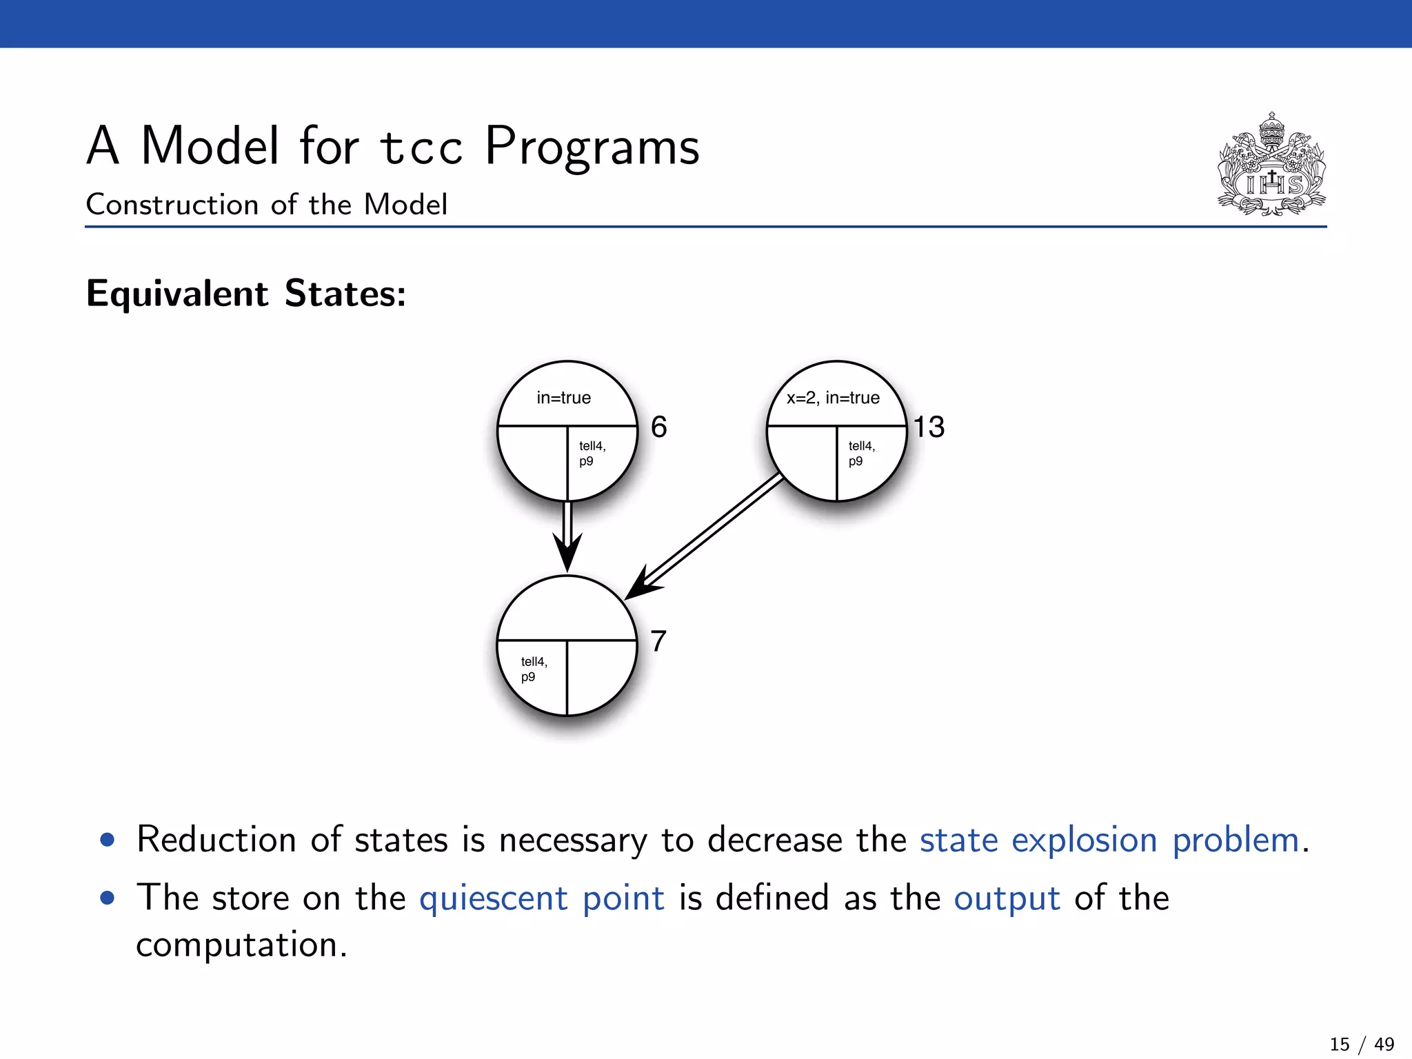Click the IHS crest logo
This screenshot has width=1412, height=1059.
(1271, 165)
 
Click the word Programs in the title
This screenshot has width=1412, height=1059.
(592, 146)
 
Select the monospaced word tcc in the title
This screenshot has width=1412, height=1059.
(421, 148)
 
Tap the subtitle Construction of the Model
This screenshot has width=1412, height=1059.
(267, 205)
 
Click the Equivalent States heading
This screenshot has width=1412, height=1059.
(246, 294)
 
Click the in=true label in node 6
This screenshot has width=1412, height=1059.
(563, 398)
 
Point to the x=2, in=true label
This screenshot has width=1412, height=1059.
(833, 398)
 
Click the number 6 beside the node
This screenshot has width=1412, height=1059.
(658, 427)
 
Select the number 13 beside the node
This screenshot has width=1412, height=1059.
(929, 427)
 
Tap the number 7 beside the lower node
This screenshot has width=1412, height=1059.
(658, 641)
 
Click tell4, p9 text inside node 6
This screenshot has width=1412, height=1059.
(592, 453)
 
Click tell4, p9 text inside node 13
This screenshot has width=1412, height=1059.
(861, 453)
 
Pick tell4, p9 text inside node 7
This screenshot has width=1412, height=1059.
(534, 669)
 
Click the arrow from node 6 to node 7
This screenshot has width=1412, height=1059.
(567, 534)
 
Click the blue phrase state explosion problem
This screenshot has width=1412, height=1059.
(1109, 840)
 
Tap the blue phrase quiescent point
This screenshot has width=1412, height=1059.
(542, 898)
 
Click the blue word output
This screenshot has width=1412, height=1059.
(1007, 898)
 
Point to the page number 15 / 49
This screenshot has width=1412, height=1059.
(1362, 1044)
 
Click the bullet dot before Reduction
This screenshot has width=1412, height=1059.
(107, 840)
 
